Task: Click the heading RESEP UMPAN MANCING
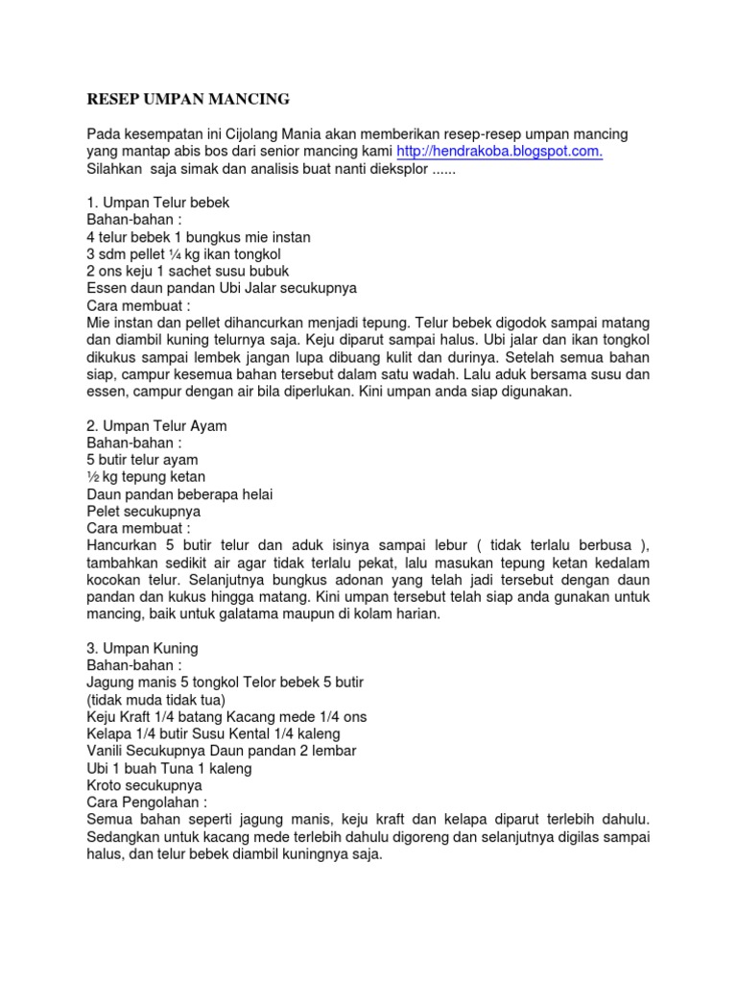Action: (188, 99)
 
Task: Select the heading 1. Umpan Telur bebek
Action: (158, 203)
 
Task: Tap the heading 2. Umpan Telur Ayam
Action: (156, 425)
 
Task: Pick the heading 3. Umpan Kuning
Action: (142, 648)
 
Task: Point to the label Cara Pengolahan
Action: (147, 802)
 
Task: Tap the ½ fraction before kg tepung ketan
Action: (93, 477)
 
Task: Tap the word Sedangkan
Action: (124, 836)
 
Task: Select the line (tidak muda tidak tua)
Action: (155, 700)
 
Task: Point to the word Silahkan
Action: (115, 169)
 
